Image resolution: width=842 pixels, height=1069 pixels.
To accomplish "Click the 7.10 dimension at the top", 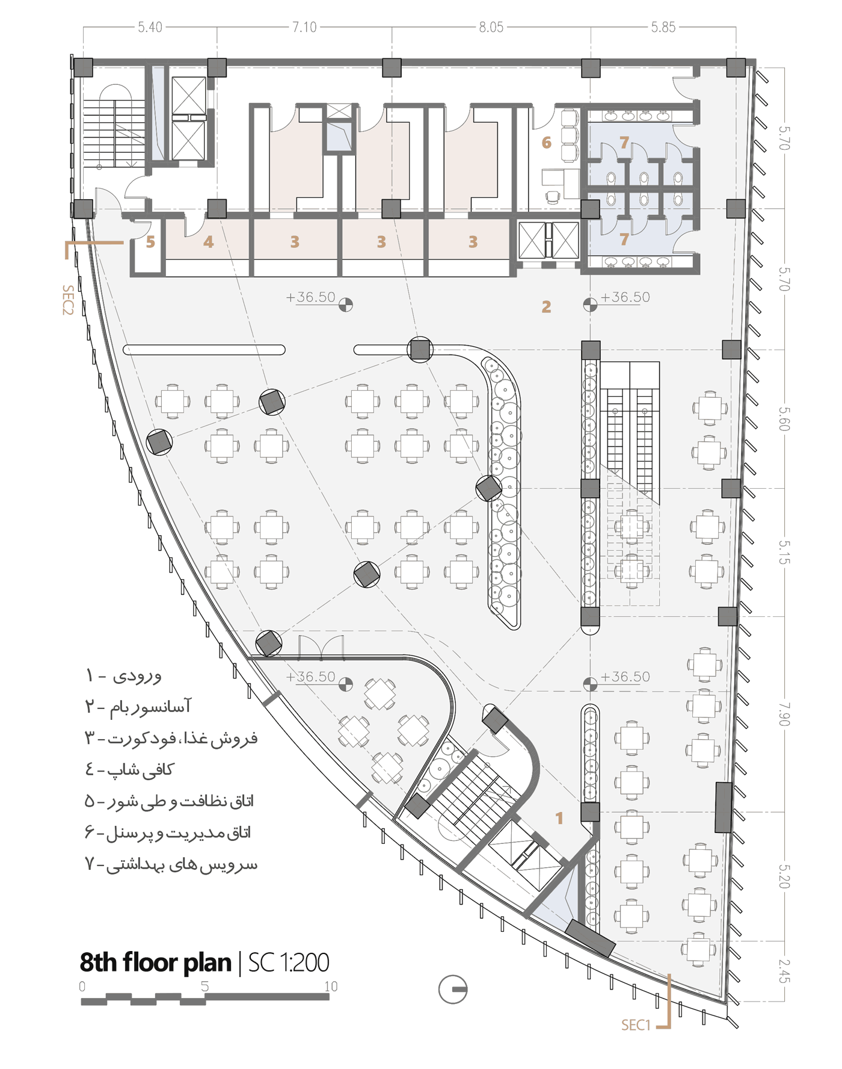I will (x=304, y=27).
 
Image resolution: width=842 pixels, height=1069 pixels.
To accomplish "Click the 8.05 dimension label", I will (x=491, y=27).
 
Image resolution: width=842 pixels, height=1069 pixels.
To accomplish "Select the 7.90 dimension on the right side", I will (x=784, y=714).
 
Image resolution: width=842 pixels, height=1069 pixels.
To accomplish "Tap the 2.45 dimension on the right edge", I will (x=784, y=971).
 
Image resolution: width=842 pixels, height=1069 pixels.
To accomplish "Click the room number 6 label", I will (x=546, y=143).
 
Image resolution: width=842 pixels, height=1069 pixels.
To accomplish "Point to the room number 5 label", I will (x=150, y=242).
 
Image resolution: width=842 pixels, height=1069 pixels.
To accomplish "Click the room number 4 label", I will (x=208, y=242).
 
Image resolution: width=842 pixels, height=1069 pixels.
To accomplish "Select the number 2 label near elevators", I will (x=546, y=307).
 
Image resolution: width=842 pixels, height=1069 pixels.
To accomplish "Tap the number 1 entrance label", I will (x=559, y=818).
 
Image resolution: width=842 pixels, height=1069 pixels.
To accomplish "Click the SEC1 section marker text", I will (x=636, y=1025).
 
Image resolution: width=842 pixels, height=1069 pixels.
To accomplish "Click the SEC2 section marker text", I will (x=67, y=300).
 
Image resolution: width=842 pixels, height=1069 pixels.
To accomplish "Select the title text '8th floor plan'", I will (x=155, y=963).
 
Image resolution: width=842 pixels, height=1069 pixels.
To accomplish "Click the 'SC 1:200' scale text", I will (x=289, y=963).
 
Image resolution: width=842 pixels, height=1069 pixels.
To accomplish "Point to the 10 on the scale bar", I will (x=331, y=987).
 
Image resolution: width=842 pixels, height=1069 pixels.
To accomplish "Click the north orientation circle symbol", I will (x=453, y=989).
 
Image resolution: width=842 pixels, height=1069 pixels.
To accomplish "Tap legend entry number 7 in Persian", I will (x=171, y=864).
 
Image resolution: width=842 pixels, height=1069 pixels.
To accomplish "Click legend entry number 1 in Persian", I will (x=124, y=675).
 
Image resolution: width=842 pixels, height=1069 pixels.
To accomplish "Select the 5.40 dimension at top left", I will (x=150, y=27).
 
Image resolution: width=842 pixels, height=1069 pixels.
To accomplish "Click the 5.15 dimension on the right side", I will (x=784, y=552).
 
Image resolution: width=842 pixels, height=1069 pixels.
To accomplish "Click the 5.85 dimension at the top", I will (x=663, y=27).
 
